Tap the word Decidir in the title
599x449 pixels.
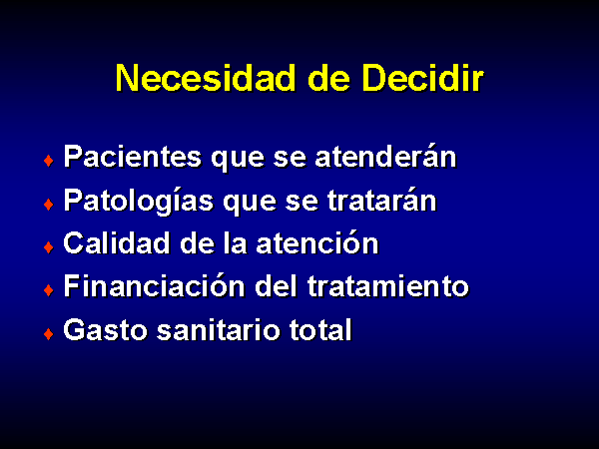(423, 78)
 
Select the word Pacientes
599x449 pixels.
(133, 157)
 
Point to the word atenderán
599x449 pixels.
(385, 157)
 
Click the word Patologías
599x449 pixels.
(139, 202)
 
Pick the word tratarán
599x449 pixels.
(382, 201)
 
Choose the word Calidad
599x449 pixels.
(117, 242)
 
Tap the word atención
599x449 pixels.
(317, 242)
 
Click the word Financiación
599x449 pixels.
(154, 286)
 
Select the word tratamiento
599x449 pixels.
(388, 286)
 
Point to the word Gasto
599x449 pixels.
(106, 330)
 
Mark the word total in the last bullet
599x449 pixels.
(320, 330)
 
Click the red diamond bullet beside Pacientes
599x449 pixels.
(49, 161)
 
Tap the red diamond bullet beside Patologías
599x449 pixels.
(49, 205)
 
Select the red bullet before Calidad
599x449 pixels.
(49, 247)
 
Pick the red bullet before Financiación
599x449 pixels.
(49, 290)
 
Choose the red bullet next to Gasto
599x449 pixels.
(49, 334)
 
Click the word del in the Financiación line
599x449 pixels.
(277, 286)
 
